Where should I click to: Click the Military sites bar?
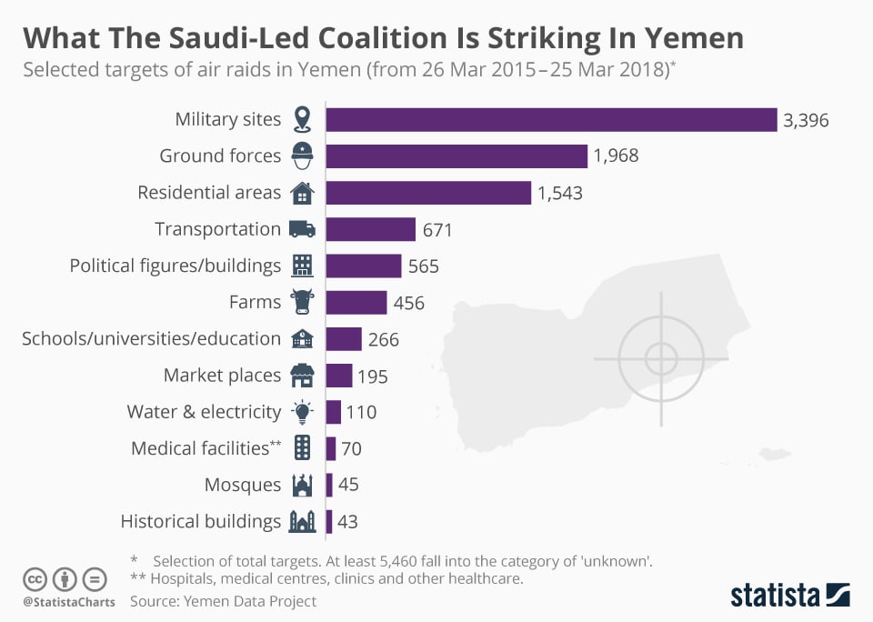(551, 119)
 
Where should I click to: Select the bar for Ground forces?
(457, 155)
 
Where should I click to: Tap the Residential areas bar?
(428, 193)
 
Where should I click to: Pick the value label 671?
(437, 229)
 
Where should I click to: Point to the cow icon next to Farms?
(301, 302)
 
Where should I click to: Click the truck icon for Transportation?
(301, 229)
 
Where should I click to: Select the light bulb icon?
(301, 411)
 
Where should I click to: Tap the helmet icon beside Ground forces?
(301, 156)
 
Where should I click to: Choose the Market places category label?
(222, 375)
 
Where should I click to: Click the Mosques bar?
(329, 485)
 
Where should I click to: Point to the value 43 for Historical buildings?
(347, 521)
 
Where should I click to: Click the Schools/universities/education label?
(151, 338)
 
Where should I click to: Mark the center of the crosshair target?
(661, 357)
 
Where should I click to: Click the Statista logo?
(790, 595)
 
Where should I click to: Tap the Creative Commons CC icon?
(35, 578)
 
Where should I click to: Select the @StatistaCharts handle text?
(69, 601)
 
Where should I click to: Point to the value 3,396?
(806, 119)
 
